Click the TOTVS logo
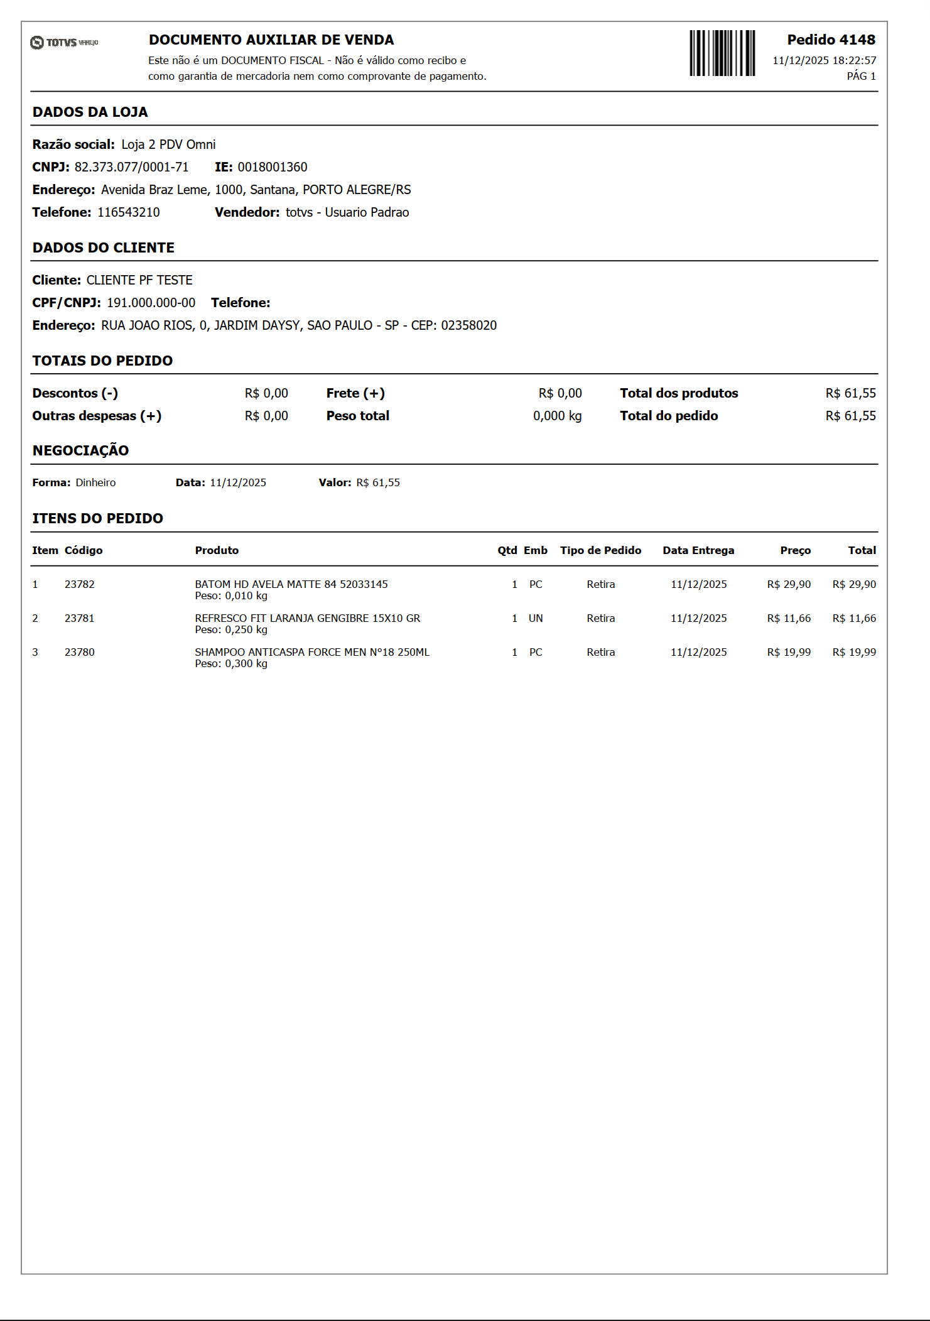tap(64, 42)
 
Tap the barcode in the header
tap(722, 53)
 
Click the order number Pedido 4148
tap(831, 40)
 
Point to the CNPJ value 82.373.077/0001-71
tap(131, 167)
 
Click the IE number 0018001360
tap(273, 167)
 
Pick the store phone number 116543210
tap(129, 212)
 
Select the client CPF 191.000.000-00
tap(151, 303)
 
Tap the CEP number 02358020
tap(468, 325)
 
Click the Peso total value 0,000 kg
tap(557, 416)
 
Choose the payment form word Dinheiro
tap(95, 482)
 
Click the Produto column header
tap(217, 550)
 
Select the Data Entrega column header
tap(698, 550)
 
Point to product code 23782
tap(80, 584)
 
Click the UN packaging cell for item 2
tap(536, 618)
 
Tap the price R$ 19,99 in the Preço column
tap(789, 652)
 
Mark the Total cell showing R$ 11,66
tap(854, 618)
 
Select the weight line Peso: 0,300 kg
tap(231, 663)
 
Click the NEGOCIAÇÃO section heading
tap(80, 450)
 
